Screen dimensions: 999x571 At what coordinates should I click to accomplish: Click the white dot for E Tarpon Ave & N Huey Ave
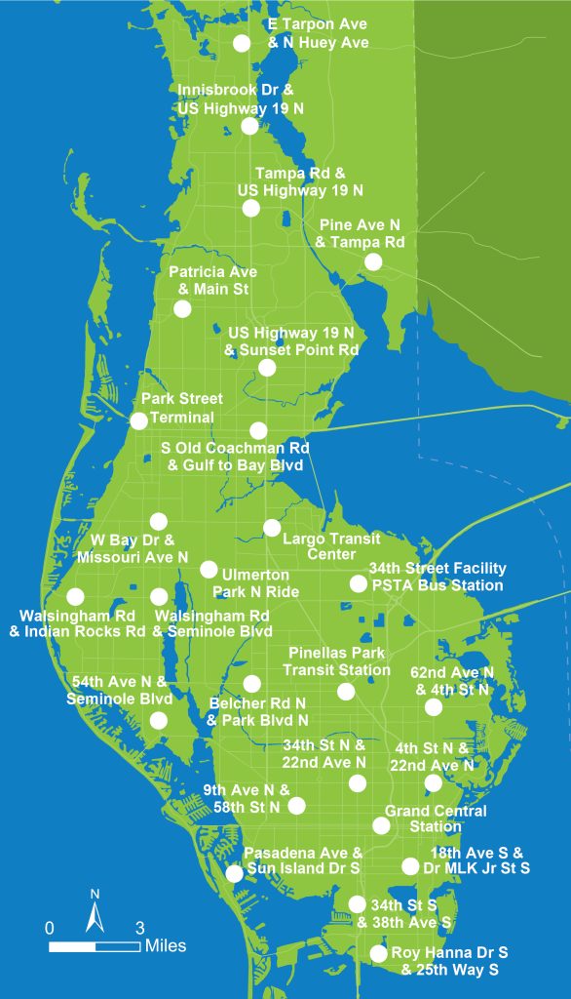(x=242, y=42)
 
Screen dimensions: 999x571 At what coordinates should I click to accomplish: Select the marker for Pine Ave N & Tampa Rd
(x=373, y=261)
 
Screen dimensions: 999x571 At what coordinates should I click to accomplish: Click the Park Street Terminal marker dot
(x=138, y=421)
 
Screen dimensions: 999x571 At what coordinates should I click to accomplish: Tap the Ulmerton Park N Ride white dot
(x=209, y=569)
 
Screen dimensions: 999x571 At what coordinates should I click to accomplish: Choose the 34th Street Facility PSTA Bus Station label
(x=437, y=577)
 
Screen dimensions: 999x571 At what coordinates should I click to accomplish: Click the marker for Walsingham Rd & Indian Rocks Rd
(x=75, y=596)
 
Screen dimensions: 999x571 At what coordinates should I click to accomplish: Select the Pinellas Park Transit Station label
(x=337, y=660)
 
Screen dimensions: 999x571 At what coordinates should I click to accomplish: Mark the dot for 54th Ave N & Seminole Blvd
(x=158, y=721)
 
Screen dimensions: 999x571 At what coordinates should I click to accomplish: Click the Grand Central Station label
(x=435, y=819)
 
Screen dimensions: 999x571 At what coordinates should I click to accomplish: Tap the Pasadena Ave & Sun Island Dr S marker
(x=234, y=873)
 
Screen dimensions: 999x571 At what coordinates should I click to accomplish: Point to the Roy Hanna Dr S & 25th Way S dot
(x=378, y=953)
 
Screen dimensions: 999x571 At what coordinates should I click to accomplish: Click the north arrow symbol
(x=95, y=914)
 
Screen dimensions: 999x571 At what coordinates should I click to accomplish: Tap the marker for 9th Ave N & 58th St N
(x=297, y=805)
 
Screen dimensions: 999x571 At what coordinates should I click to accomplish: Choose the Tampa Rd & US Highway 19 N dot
(x=251, y=208)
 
